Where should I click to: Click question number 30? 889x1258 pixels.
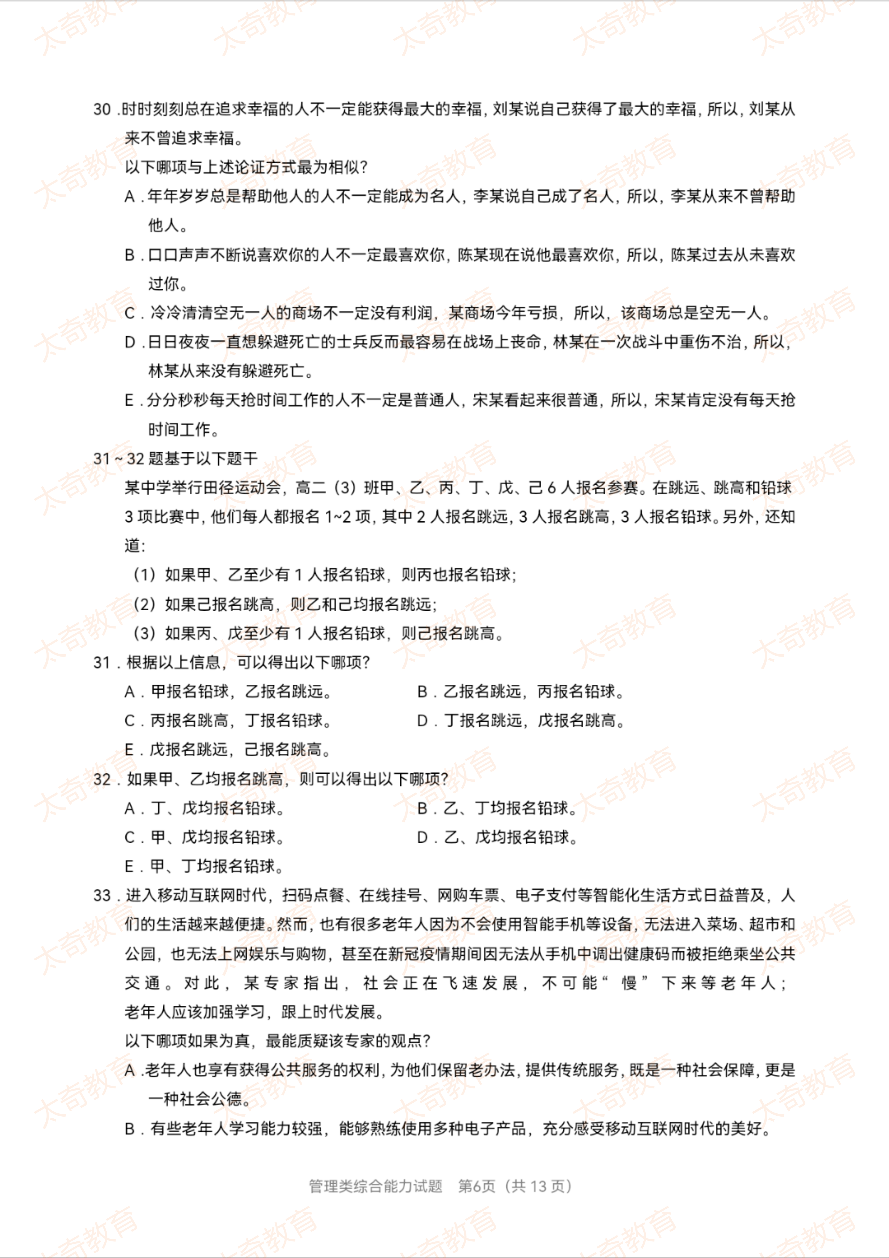(102, 110)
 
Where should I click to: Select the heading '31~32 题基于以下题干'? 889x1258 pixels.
(175, 459)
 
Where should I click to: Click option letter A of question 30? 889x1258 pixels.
(130, 197)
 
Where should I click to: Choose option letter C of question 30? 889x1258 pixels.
(130, 313)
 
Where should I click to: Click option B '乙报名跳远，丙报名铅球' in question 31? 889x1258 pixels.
(520, 692)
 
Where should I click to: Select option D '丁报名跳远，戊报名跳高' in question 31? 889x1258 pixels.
(520, 721)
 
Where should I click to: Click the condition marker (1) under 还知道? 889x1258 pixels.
(145, 575)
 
